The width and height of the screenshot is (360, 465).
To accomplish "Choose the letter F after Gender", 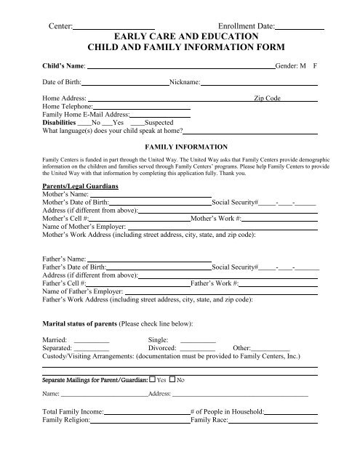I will [x=315, y=65].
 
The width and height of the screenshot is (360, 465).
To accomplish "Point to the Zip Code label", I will [x=267, y=98].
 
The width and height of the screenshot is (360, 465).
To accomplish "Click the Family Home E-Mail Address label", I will [x=86, y=115].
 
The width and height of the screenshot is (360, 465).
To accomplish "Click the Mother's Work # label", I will [x=214, y=218].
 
